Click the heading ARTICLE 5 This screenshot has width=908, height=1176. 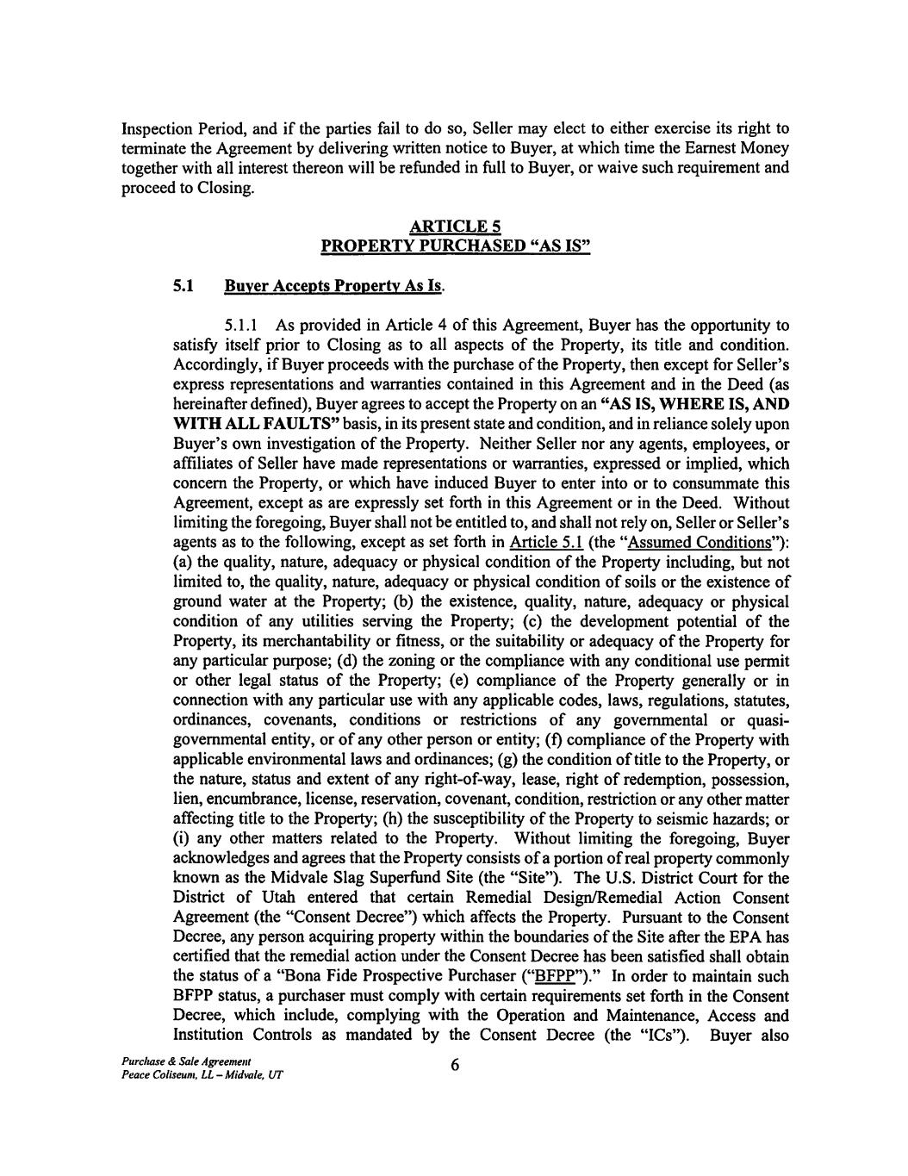(x=454, y=227)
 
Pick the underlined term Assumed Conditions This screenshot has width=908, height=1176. (x=720, y=543)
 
